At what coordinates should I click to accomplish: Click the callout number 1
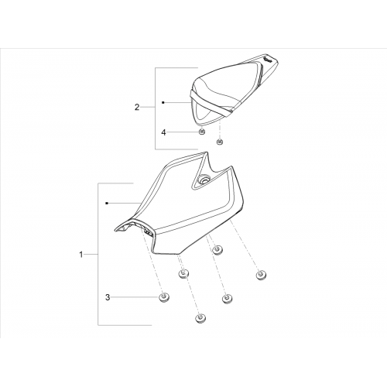point(81,255)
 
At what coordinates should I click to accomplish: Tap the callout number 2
point(137,107)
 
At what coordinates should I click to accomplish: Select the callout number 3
point(108,297)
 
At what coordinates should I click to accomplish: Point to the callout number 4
point(163,132)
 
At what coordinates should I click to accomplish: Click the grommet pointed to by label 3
point(163,298)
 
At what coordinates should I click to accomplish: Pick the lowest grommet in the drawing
point(200,318)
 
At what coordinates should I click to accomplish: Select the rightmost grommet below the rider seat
point(261,275)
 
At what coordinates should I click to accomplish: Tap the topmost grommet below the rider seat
point(218,250)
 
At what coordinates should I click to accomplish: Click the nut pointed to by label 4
point(202,132)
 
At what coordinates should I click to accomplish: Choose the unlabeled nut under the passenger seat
point(220,142)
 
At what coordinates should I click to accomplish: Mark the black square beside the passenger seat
point(163,102)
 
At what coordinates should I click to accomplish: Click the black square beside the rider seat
point(107,204)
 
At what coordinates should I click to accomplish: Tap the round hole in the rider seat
point(203,180)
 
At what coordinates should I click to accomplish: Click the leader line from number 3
point(135,297)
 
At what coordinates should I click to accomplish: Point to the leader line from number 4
point(183,132)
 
